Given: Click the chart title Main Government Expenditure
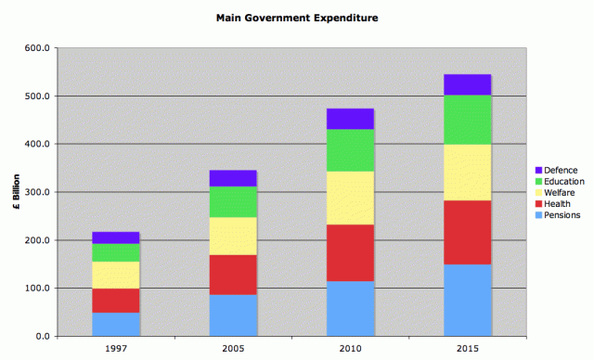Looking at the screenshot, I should point(296,17).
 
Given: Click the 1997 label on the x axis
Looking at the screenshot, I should point(116,348).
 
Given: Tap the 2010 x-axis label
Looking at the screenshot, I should point(351,348).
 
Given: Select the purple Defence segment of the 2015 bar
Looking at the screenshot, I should point(468,84).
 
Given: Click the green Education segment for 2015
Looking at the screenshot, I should point(468,120).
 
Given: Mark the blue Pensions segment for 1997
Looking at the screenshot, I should point(116,324).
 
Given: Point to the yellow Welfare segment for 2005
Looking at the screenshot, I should point(233,237).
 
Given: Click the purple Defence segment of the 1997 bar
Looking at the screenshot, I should point(116,238).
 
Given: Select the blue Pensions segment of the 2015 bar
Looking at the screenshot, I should point(468,300).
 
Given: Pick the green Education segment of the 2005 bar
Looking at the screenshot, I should point(233,201).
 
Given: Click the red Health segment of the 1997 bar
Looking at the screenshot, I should point(116,301).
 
